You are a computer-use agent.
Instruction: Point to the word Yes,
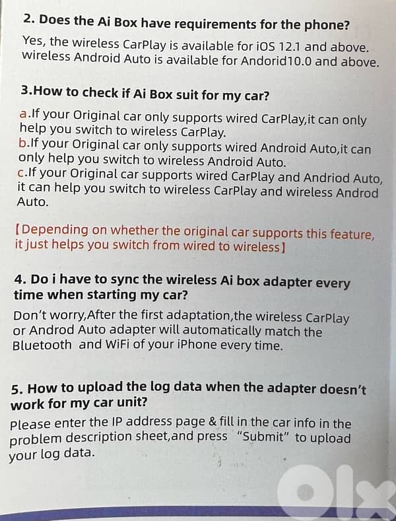point(34,40)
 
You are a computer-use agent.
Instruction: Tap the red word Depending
point(54,230)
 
